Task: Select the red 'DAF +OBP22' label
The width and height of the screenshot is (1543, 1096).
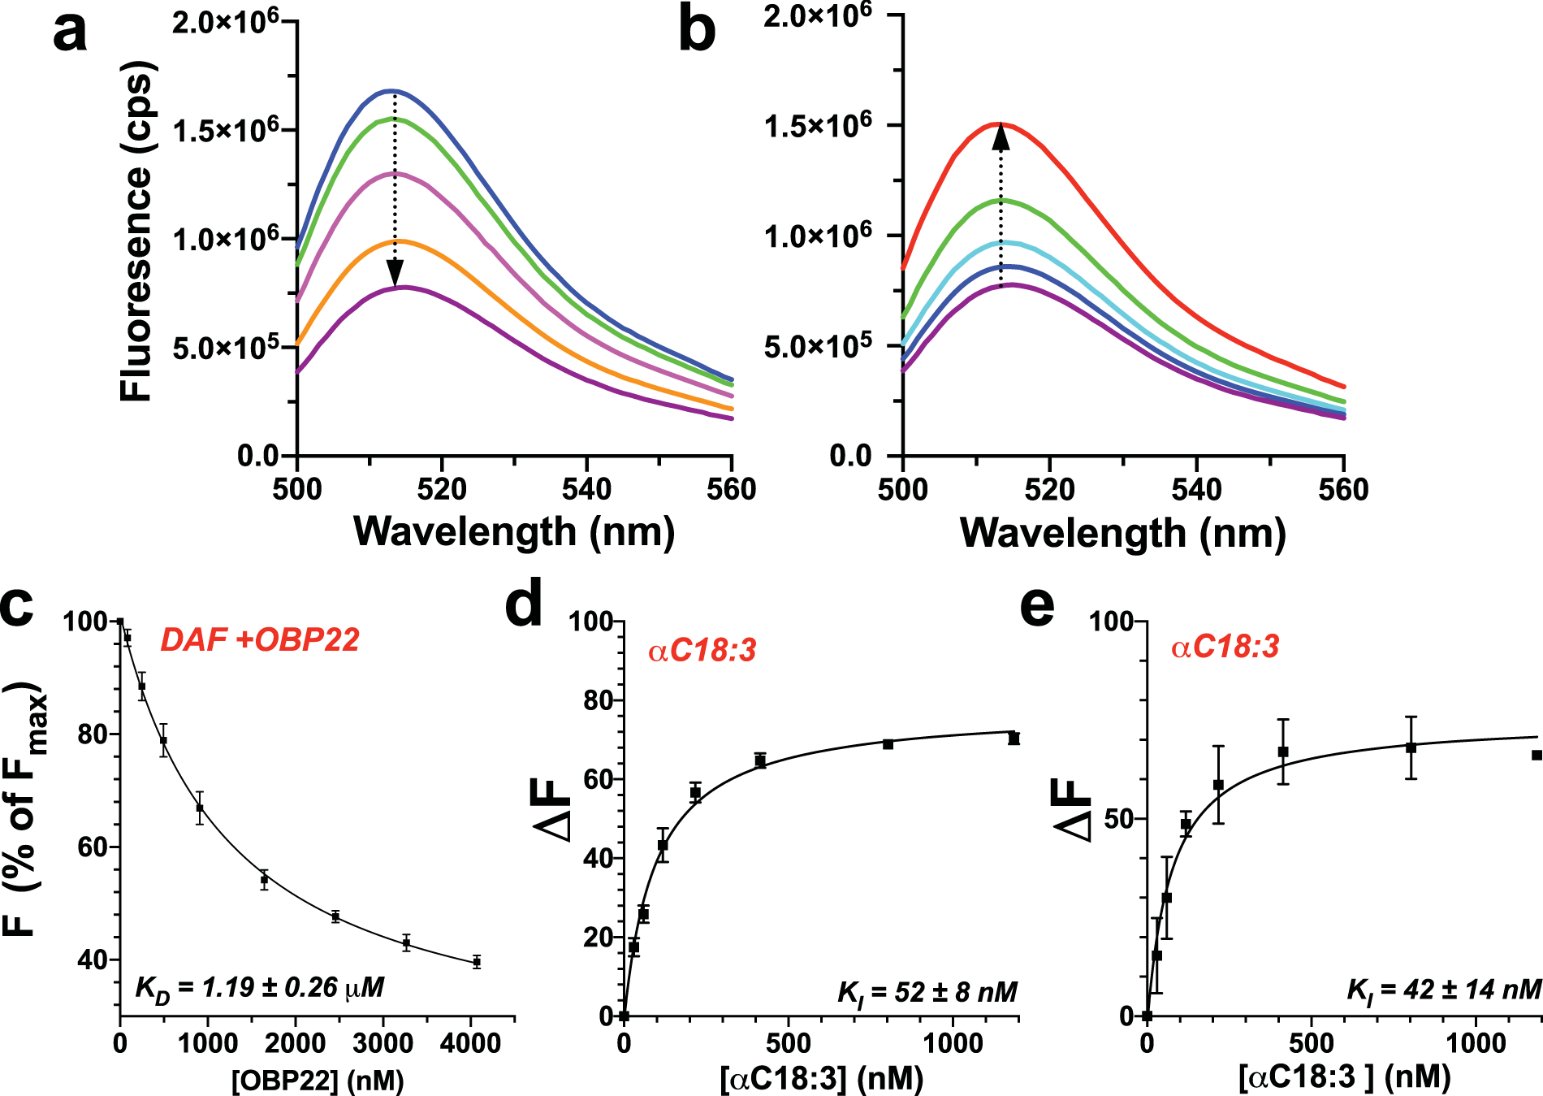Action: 259,640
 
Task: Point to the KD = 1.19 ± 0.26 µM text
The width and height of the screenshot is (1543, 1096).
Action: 259,987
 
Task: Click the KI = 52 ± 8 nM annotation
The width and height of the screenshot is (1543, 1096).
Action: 927,992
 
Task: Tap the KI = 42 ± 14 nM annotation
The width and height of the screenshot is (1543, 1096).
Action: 1444,989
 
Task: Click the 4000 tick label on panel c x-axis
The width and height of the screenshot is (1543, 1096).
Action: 469,1043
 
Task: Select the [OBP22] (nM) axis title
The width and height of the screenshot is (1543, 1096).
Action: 318,1081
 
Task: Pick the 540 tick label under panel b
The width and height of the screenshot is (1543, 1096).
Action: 1196,490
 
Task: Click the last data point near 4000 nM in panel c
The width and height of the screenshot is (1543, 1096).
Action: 477,962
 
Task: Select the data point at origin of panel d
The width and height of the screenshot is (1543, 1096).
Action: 624,1016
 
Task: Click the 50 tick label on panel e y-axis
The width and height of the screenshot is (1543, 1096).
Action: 1117,818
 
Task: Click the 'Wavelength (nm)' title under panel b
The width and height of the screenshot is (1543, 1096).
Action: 1122,534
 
